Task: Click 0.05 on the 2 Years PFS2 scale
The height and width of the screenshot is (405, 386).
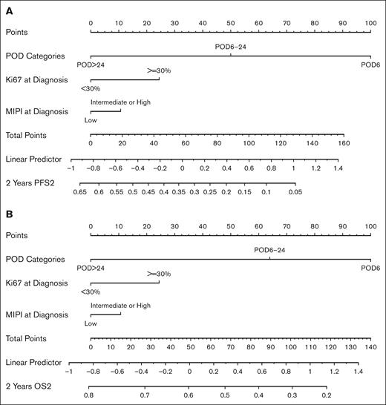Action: click(295, 192)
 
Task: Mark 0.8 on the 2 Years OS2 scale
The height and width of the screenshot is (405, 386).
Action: click(89, 395)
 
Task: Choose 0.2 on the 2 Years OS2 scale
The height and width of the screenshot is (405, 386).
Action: click(325, 395)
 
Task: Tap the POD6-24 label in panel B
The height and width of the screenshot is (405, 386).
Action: click(269, 249)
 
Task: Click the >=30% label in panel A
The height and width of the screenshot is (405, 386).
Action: click(159, 70)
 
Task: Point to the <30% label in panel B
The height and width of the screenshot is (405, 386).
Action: click(91, 292)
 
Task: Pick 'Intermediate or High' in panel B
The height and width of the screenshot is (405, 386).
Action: click(120, 305)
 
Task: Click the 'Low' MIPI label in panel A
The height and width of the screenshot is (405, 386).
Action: click(91, 119)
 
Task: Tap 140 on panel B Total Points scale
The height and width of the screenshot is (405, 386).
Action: click(370, 346)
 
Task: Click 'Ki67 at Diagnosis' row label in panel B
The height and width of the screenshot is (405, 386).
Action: click(36, 283)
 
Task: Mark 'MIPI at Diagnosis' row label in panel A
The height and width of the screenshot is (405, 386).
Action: click(36, 111)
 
